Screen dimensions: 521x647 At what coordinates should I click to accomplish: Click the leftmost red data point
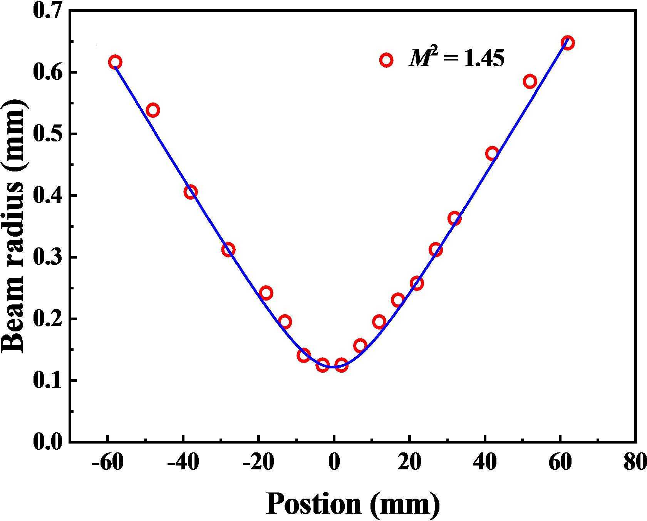click(x=115, y=62)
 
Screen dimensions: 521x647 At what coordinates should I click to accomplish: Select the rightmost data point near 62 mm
click(x=568, y=42)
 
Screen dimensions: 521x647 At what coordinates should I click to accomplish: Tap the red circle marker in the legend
click(x=386, y=60)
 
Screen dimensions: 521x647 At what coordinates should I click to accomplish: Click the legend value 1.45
click(x=484, y=59)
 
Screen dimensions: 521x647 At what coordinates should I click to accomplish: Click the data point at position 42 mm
click(x=492, y=154)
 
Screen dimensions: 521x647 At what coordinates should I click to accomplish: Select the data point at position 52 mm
click(x=530, y=81)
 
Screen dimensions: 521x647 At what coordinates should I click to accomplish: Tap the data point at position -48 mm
click(x=153, y=110)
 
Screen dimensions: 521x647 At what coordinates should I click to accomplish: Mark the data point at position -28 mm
click(x=228, y=250)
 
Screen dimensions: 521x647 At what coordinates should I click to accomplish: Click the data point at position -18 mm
click(x=266, y=293)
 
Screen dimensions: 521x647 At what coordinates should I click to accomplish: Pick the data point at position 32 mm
click(x=454, y=219)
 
